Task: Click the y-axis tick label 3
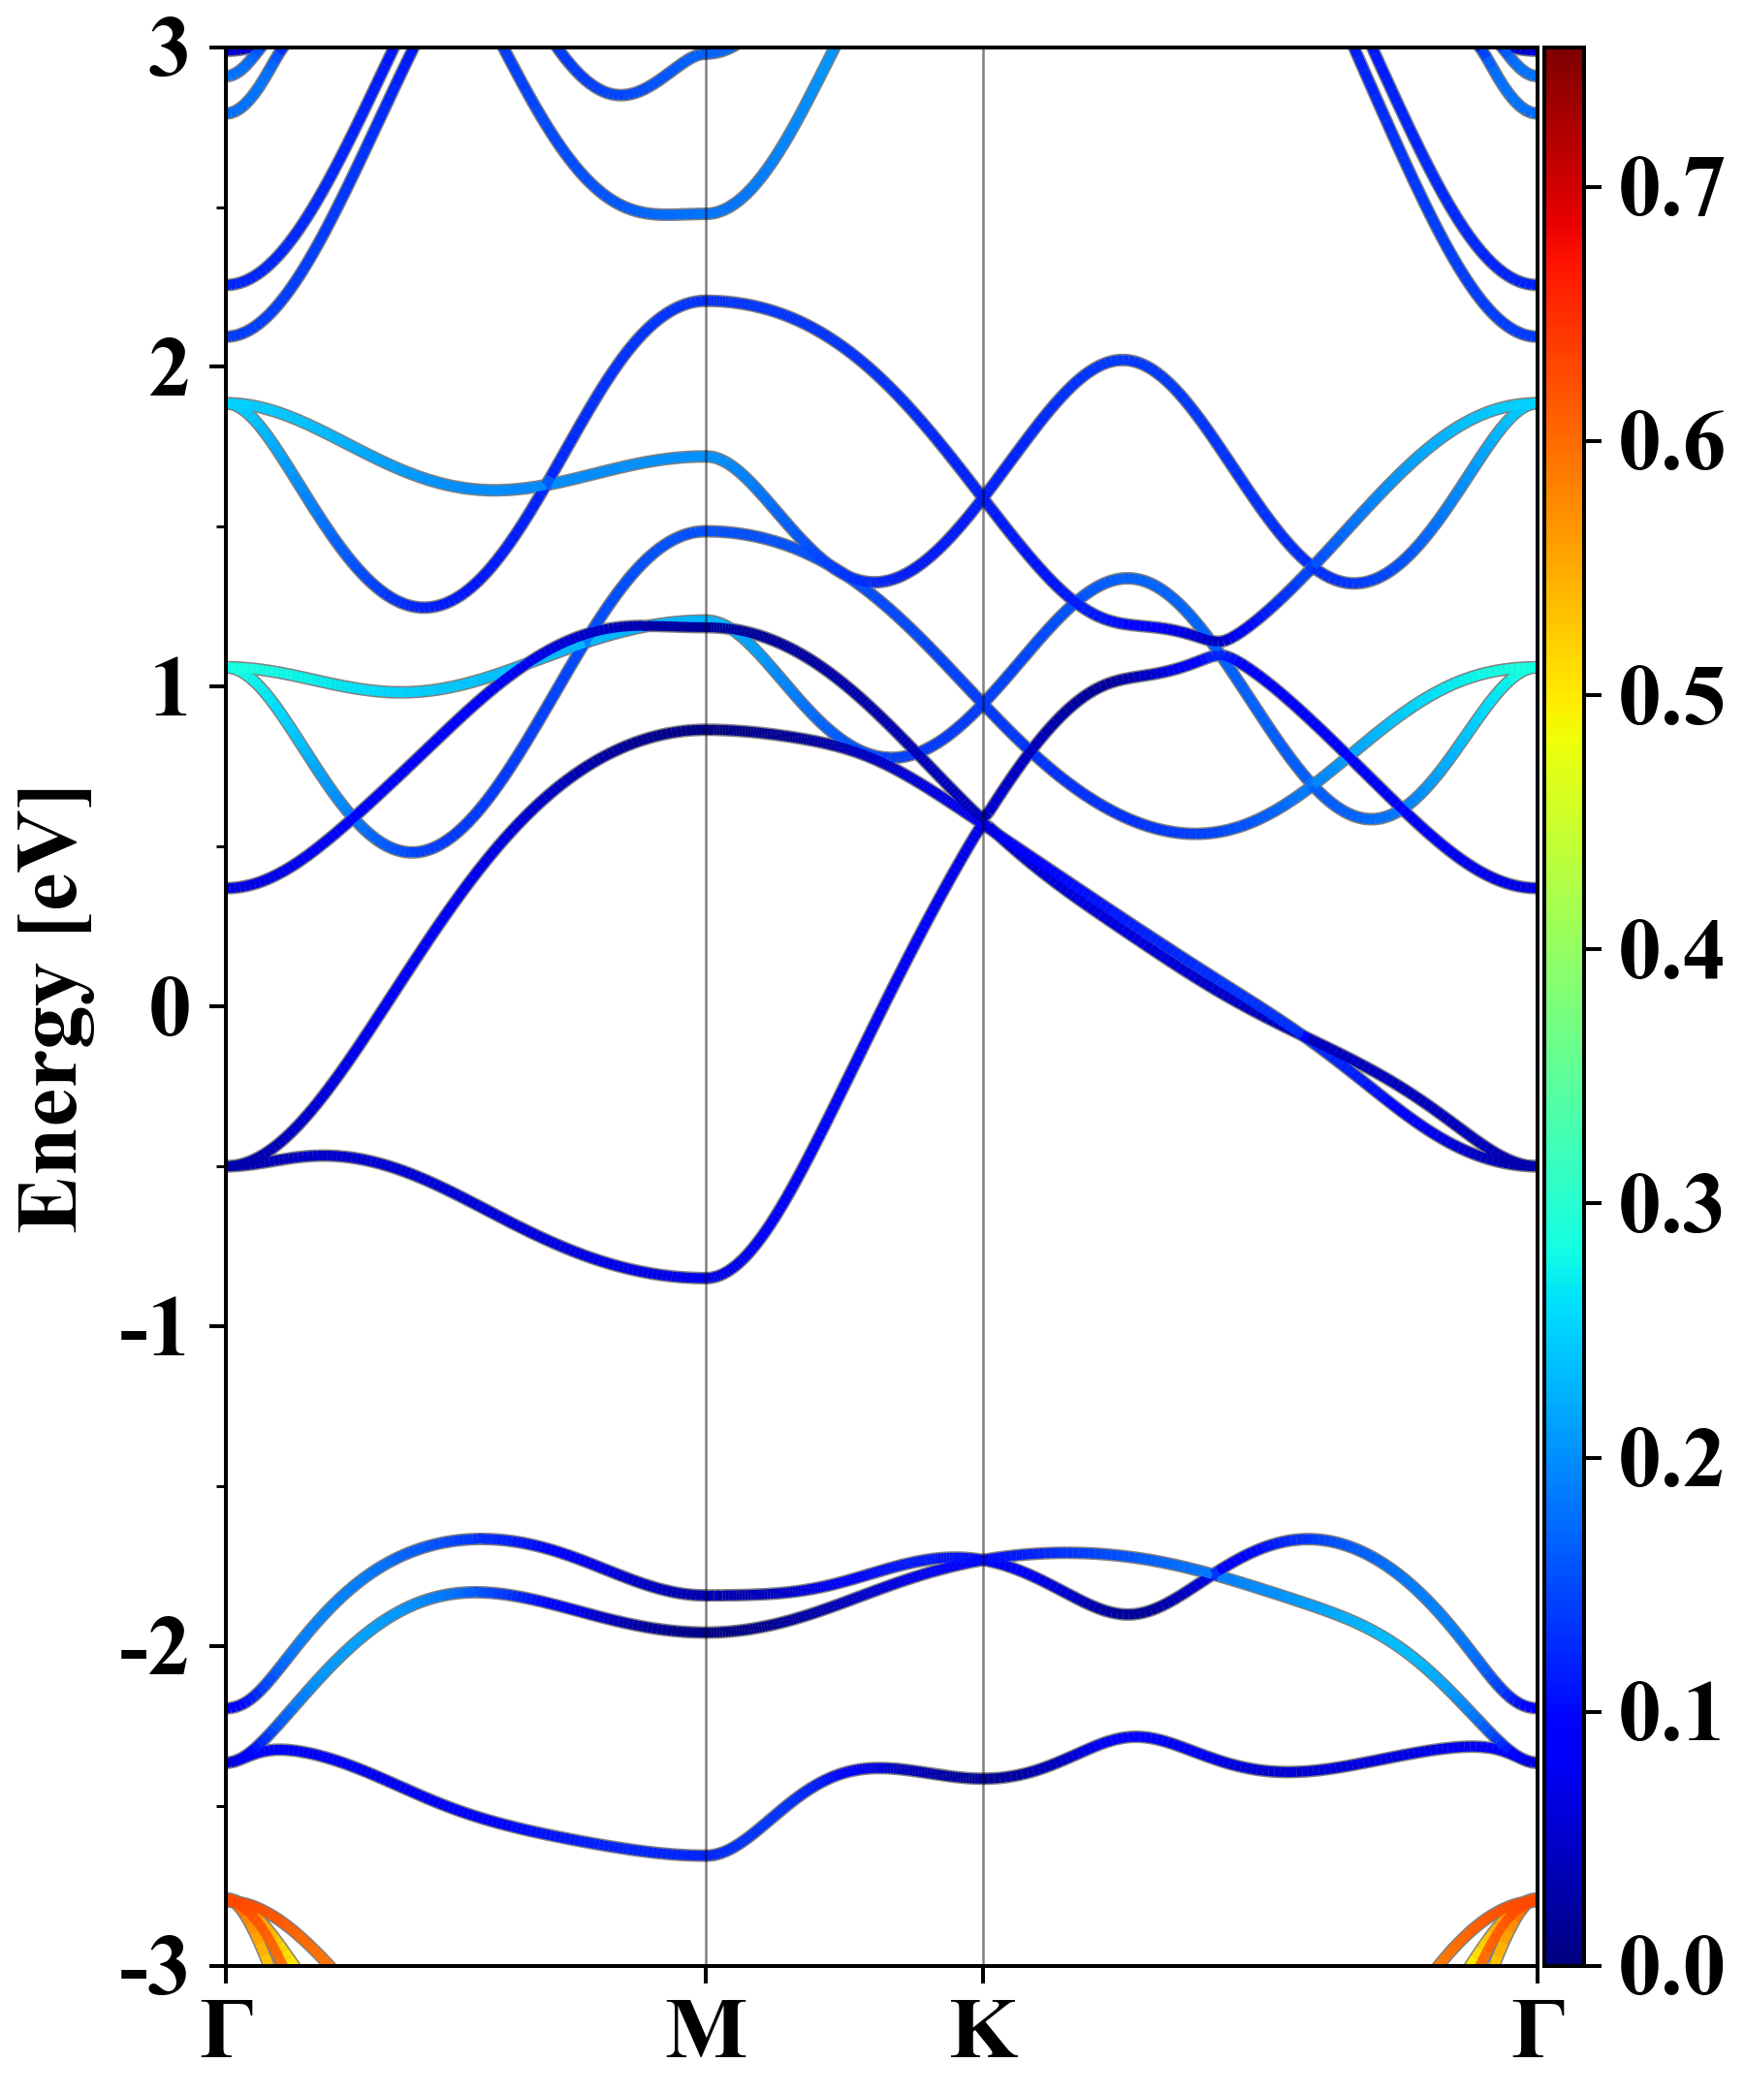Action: pyautogui.click(x=169, y=49)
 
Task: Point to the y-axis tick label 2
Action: pyautogui.click(x=169, y=369)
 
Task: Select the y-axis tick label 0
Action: pyautogui.click(x=169, y=1008)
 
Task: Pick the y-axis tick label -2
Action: pyautogui.click(x=154, y=1647)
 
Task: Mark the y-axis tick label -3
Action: pyautogui.click(x=154, y=1966)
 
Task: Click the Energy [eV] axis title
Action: pyautogui.click(x=55, y=1007)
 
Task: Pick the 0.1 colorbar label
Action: pyautogui.click(x=1670, y=1712)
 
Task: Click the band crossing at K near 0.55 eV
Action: pyautogui.click(x=984, y=824)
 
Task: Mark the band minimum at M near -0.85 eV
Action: pyautogui.click(x=706, y=1278)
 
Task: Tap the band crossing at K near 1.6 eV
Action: pyautogui.click(x=984, y=497)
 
